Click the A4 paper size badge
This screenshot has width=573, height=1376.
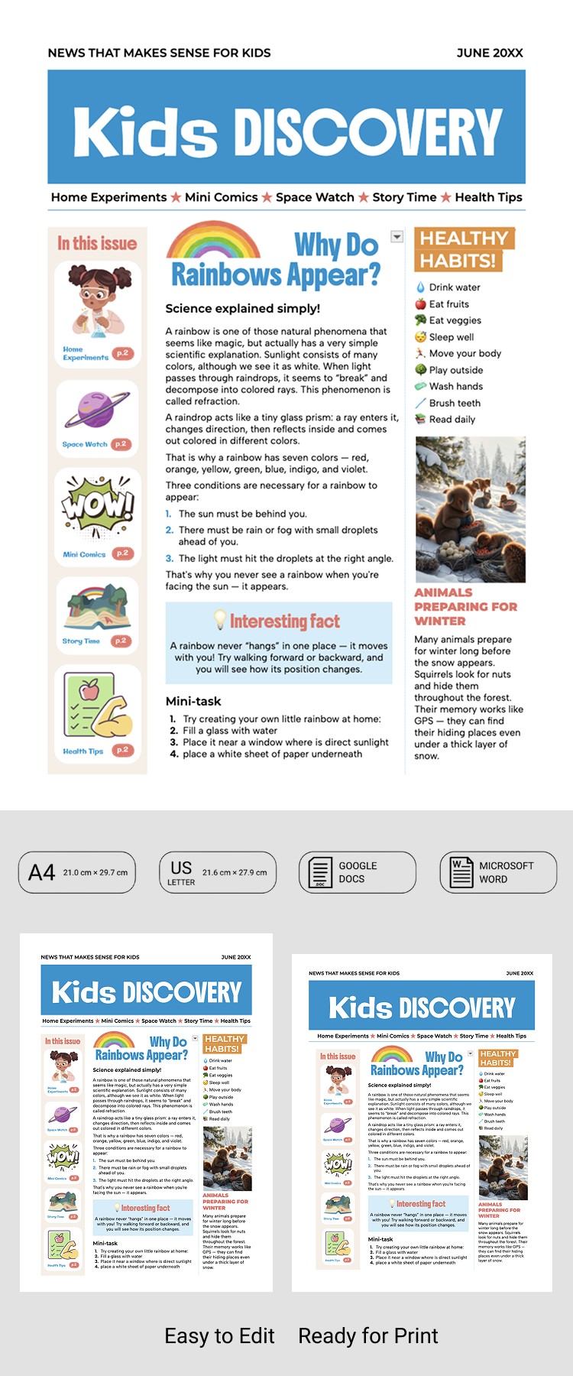click(x=76, y=872)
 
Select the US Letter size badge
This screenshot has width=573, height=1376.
click(x=218, y=872)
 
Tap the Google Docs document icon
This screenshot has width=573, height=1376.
click(x=319, y=872)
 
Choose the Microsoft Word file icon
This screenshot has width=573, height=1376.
click(x=461, y=872)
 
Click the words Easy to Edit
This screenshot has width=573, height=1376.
click(x=219, y=1335)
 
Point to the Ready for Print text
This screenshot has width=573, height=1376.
click(x=367, y=1335)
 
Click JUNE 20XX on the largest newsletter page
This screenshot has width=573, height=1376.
click(x=490, y=53)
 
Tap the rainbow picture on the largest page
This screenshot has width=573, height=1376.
click(x=213, y=242)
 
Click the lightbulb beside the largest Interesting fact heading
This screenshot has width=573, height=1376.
click(x=220, y=619)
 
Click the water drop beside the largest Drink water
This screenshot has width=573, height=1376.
click(x=420, y=287)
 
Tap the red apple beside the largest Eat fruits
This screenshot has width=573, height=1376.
click(x=420, y=303)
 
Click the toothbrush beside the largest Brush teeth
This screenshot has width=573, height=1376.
click(x=420, y=403)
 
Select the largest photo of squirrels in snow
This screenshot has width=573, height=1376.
click(x=470, y=508)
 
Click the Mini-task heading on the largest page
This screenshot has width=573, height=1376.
click(x=193, y=701)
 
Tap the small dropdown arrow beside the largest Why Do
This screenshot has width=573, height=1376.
click(x=397, y=237)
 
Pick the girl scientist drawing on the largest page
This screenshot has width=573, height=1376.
click(x=95, y=300)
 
